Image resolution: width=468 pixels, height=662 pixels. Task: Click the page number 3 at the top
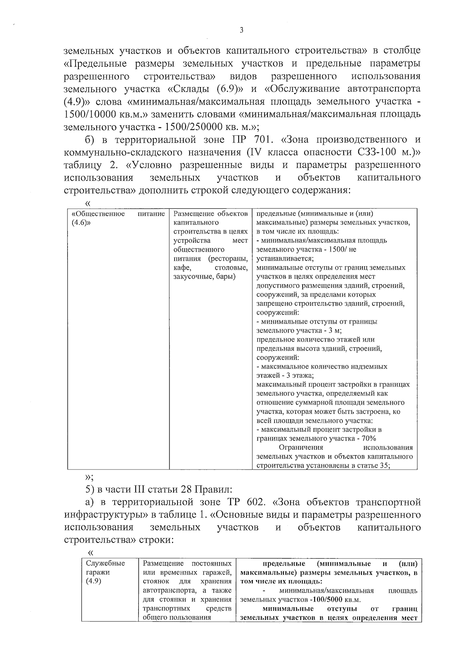[241, 30]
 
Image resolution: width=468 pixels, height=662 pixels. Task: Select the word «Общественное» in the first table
[98, 214]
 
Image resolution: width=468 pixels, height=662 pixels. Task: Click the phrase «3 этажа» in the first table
[300, 375]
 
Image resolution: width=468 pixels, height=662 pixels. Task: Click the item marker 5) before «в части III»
[90, 489]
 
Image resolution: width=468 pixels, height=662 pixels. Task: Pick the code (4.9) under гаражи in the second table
[94, 582]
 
